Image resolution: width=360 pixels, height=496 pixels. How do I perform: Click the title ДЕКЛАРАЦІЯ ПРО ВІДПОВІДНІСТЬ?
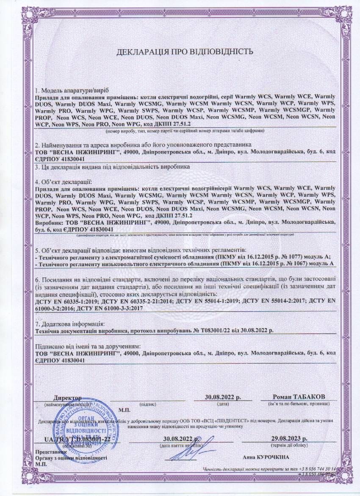[x=185, y=52]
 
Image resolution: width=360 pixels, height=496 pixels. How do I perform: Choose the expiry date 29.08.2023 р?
[x=290, y=439]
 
